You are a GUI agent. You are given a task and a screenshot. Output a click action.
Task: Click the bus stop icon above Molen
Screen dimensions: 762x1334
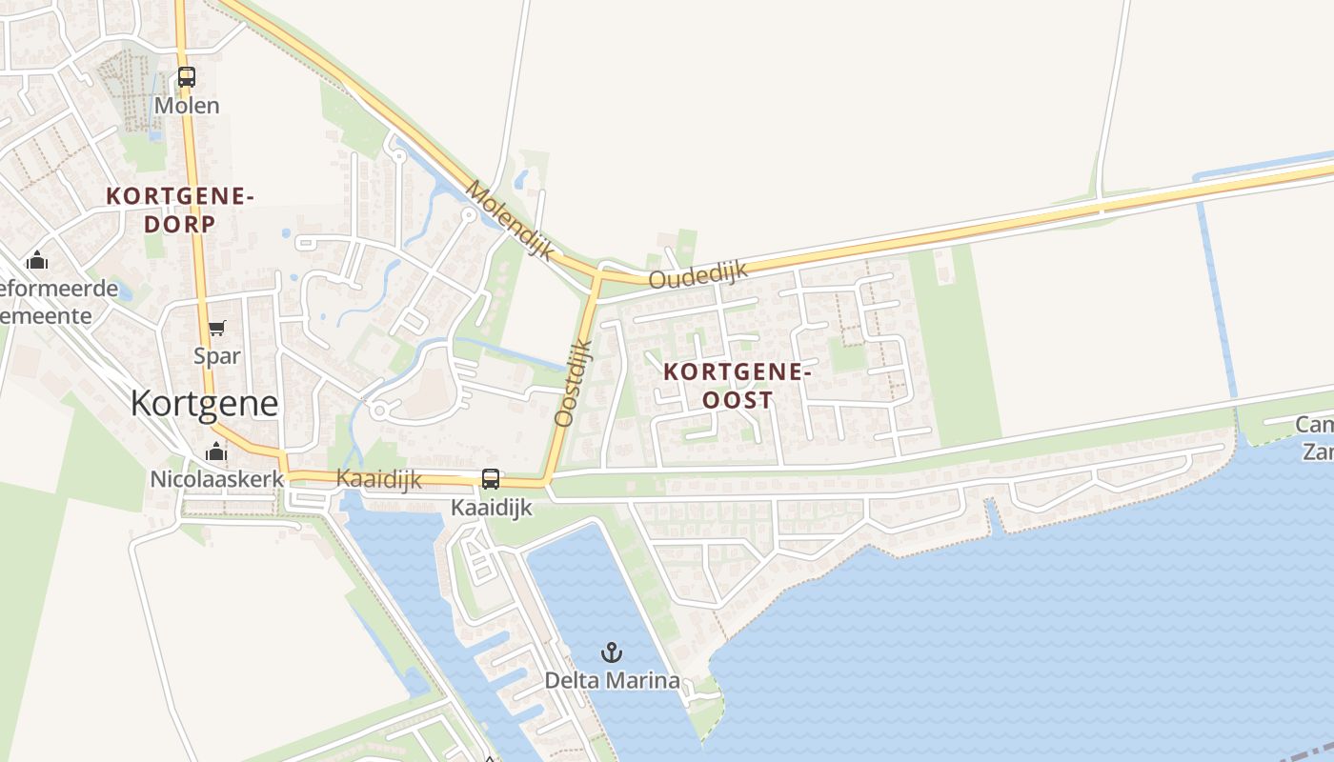click(187, 77)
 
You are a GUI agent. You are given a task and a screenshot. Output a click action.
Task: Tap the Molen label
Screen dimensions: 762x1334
click(187, 105)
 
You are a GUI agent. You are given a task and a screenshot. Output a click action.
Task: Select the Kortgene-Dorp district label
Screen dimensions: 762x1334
click(180, 211)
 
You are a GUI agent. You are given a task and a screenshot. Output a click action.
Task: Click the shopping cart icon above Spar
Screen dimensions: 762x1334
click(217, 329)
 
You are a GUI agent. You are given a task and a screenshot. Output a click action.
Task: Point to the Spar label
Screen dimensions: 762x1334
click(217, 356)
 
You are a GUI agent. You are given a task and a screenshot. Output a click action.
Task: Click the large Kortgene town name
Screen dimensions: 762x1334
click(204, 404)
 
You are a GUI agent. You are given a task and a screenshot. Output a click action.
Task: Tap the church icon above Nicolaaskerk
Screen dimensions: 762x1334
click(216, 451)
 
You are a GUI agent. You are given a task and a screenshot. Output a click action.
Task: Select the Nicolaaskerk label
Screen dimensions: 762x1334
click(217, 478)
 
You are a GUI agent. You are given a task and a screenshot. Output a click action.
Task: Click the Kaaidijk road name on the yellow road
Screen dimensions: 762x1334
click(379, 480)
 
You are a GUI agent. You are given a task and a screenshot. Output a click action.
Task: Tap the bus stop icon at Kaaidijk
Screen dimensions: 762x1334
click(491, 479)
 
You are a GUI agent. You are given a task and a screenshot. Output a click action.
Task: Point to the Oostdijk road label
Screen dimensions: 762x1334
click(574, 382)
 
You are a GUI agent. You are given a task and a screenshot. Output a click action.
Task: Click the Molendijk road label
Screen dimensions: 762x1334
click(510, 220)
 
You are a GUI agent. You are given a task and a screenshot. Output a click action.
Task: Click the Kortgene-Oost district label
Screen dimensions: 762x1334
click(738, 386)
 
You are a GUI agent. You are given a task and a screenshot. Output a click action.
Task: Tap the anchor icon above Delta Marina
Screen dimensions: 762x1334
click(612, 652)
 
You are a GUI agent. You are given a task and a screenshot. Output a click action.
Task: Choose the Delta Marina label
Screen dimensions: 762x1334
click(612, 680)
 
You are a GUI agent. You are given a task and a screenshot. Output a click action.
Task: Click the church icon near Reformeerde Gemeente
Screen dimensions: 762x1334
click(37, 260)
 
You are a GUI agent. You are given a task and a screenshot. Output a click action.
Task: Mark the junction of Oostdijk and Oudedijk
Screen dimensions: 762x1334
click(597, 274)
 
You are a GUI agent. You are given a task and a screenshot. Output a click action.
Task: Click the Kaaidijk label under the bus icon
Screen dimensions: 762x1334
click(492, 509)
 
